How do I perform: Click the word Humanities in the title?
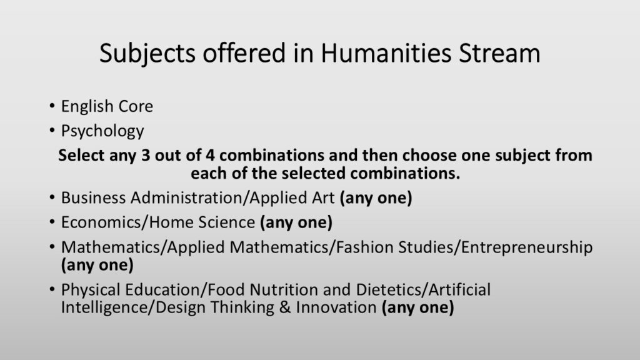point(386,53)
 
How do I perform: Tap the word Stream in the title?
point(499,53)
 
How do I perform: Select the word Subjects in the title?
point(147,54)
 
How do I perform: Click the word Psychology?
point(102,131)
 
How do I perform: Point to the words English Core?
point(107,106)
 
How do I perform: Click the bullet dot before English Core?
point(52,106)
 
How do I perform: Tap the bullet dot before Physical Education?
point(52,289)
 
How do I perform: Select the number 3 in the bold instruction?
point(145,156)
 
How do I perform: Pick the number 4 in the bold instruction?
point(210,156)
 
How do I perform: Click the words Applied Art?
point(292,198)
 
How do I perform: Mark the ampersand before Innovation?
point(285,307)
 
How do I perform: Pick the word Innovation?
point(336,307)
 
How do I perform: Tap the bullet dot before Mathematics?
point(52,247)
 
